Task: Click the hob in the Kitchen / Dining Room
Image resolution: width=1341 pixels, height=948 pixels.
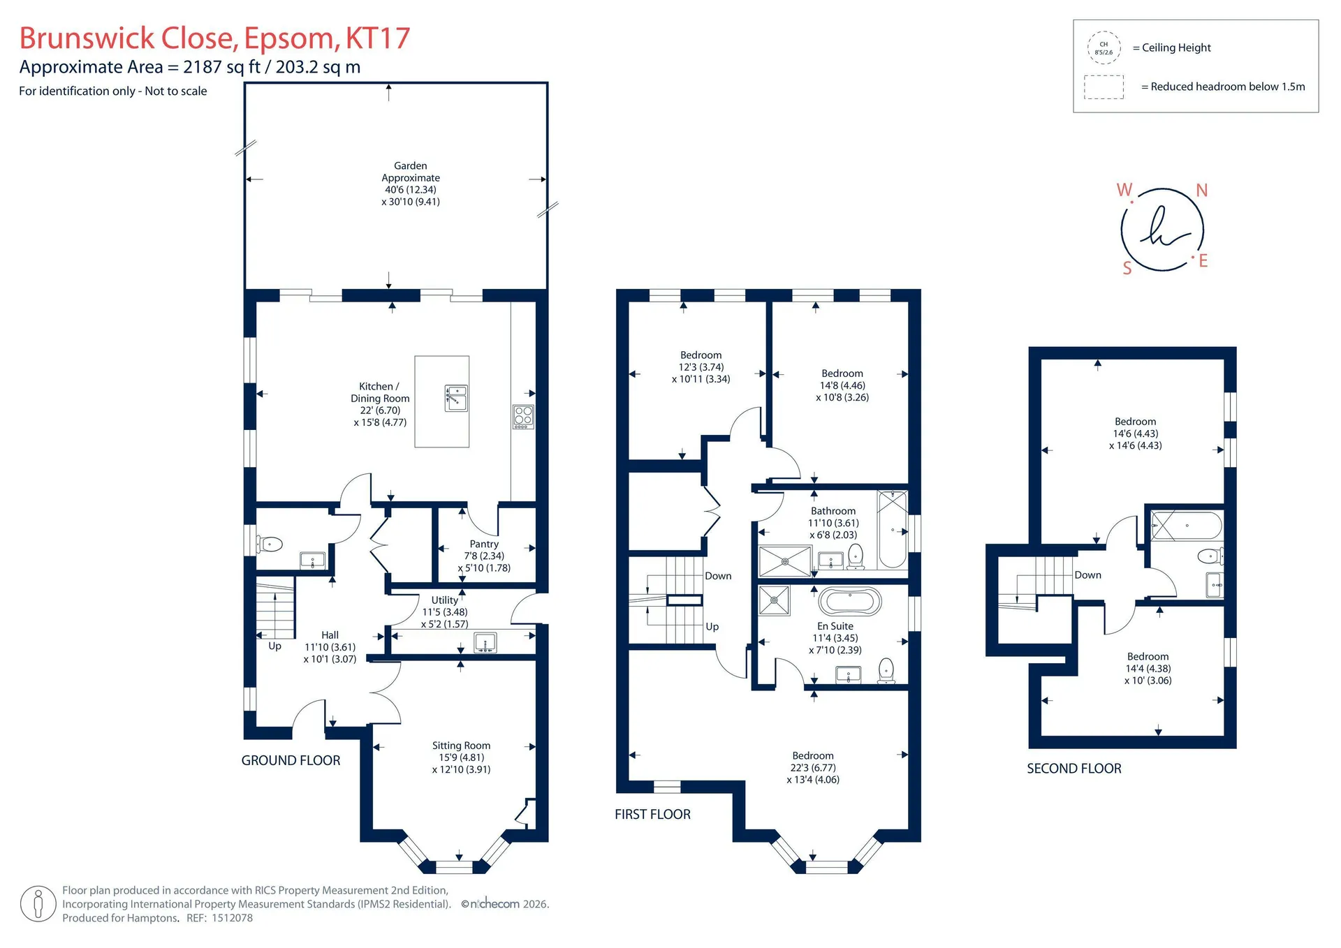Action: pos(523,417)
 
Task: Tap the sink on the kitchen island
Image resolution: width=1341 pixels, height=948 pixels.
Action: pos(456,398)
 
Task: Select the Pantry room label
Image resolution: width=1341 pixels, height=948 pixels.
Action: pos(484,544)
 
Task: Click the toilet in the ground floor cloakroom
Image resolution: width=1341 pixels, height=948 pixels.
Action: pos(270,543)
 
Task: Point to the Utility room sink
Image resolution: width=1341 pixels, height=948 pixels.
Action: pos(485,642)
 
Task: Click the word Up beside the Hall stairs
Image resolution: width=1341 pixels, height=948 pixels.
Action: pos(275,646)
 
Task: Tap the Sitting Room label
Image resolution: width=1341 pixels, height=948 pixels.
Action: pos(461,746)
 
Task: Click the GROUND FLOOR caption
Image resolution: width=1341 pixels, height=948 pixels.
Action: pos(291,760)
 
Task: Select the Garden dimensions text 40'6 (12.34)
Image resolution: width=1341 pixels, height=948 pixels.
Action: pos(411,189)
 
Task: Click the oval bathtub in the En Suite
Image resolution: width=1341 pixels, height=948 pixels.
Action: pos(850,601)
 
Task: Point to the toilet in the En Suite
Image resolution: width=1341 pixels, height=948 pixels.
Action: pos(886,670)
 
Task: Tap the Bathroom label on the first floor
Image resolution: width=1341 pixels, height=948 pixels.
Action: pos(833,511)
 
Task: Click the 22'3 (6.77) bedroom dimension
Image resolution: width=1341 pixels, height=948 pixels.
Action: pos(813,767)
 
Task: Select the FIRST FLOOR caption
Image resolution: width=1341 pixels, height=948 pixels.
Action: pos(652,814)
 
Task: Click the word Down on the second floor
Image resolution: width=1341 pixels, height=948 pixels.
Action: pos(1087,575)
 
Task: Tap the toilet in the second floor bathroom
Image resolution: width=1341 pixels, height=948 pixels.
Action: pos(1210,556)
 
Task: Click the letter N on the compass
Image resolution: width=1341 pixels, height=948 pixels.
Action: pos(1202,190)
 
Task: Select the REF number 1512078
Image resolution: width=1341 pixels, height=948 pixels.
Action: pos(230,918)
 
